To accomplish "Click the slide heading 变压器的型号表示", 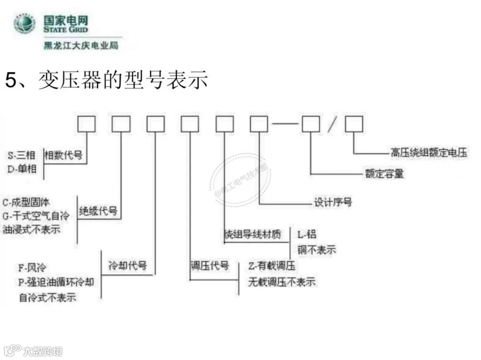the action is pyautogui.click(x=123, y=81).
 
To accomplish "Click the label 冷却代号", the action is pyautogui.click(x=128, y=266).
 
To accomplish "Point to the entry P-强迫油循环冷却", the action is pyautogui.click(x=57, y=282).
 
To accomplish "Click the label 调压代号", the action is pyautogui.click(x=210, y=266).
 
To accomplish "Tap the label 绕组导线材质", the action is pyautogui.click(x=253, y=234).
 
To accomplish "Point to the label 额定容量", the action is pyautogui.click(x=384, y=173).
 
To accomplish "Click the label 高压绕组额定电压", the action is pyautogui.click(x=429, y=153).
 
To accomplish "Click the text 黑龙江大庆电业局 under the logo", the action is pyautogui.click(x=81, y=45).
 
